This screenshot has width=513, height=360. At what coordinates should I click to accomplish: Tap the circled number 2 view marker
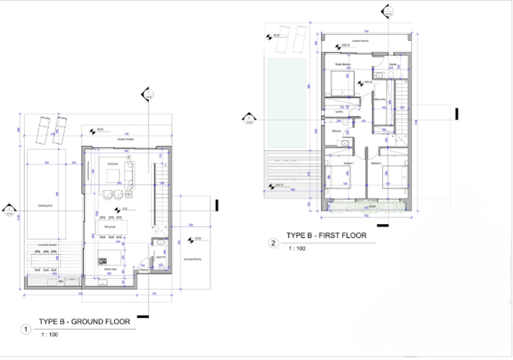tap(274, 244)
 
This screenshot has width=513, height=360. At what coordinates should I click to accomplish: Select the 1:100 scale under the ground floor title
tap(49, 335)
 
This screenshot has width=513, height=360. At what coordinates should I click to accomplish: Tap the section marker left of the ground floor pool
tap(8, 210)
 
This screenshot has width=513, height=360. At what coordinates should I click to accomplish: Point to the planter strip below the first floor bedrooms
tap(363, 208)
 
